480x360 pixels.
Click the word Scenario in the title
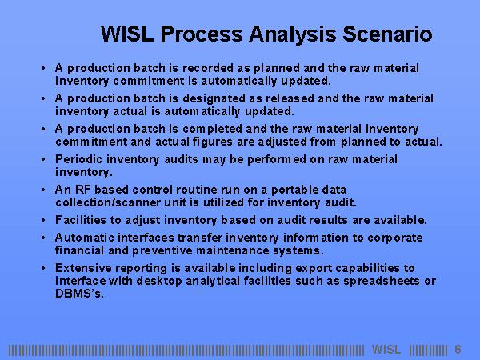[387, 34]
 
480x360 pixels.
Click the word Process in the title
[202, 34]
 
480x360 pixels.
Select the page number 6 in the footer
[458, 350]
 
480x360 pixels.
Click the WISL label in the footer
[386, 350]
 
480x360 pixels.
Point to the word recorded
[208, 68]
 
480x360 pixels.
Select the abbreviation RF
[82, 190]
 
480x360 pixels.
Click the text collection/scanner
[108, 202]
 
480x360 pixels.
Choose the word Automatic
[85, 238]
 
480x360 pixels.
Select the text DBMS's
[79, 294]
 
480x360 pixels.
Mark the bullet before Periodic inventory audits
[43, 159]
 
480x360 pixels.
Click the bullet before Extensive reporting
[43, 268]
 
